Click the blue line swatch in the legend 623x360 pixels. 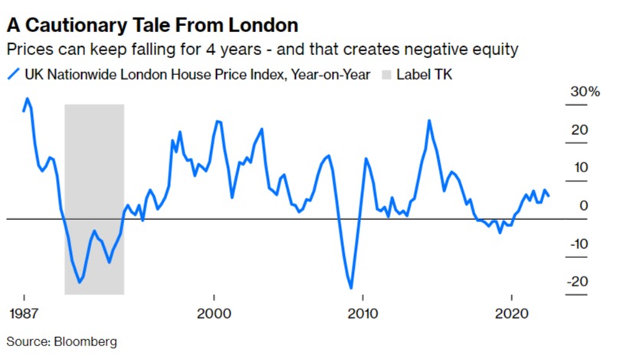tap(13, 75)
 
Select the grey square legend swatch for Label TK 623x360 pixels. tap(386, 75)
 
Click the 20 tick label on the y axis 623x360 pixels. tap(580, 130)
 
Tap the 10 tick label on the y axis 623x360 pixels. tap(580, 168)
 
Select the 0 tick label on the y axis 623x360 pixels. tap(584, 206)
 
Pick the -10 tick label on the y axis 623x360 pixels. tap(578, 244)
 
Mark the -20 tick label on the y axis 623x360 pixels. tap(578, 281)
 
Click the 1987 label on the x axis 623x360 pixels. tap(25, 314)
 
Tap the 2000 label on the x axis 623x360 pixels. tap(214, 314)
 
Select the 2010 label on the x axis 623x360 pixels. tap(363, 314)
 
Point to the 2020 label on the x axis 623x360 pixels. tap(511, 314)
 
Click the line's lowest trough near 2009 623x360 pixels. tap(352, 288)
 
